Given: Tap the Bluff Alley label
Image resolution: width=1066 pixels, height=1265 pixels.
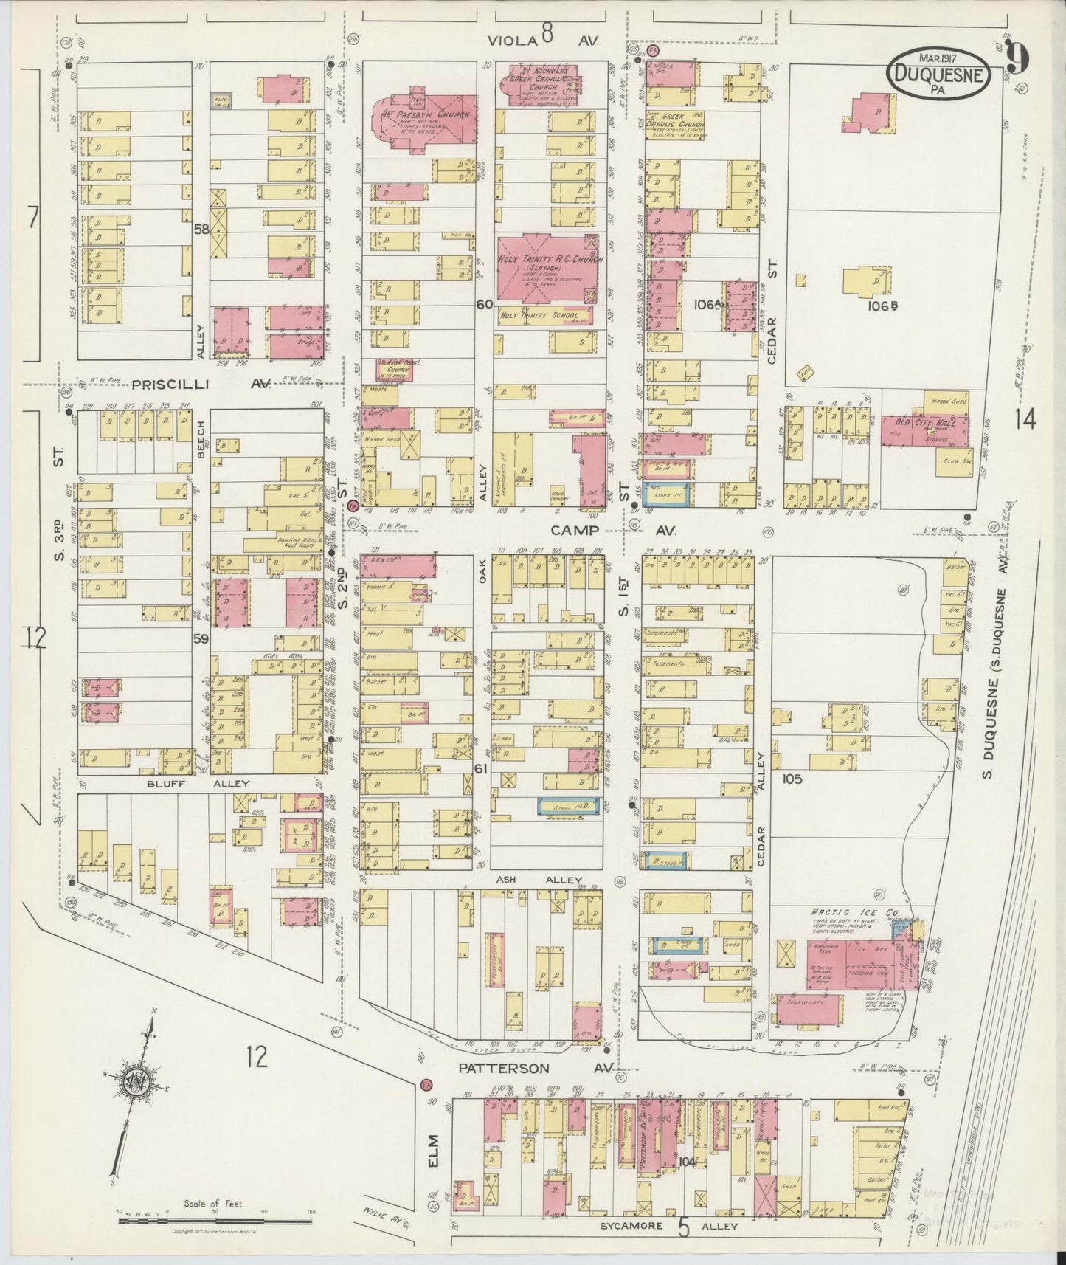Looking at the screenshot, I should [197, 783].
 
